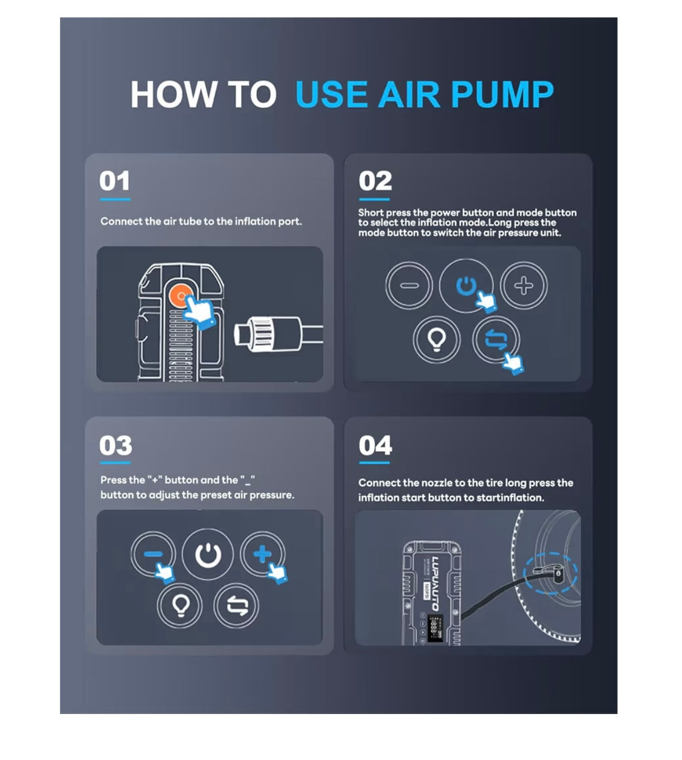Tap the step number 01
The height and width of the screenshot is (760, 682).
coord(115,181)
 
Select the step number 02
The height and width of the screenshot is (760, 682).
coord(375,181)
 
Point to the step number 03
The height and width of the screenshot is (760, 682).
coord(116,445)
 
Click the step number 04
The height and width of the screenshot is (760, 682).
coord(375,445)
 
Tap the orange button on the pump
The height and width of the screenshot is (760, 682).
coord(181,296)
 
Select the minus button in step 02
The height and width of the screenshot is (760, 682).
coord(409,285)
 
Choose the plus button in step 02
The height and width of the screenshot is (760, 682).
coord(524,285)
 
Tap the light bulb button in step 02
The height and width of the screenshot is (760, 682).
coord(437,339)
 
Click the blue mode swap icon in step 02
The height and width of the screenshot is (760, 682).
coord(496,339)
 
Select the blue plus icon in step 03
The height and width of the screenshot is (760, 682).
coord(262,554)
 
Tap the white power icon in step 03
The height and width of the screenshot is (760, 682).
coord(208,555)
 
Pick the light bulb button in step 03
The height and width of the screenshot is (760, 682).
coord(179,606)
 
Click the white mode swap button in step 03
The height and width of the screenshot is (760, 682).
coord(236,606)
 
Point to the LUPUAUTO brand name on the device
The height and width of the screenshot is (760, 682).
coord(435,583)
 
